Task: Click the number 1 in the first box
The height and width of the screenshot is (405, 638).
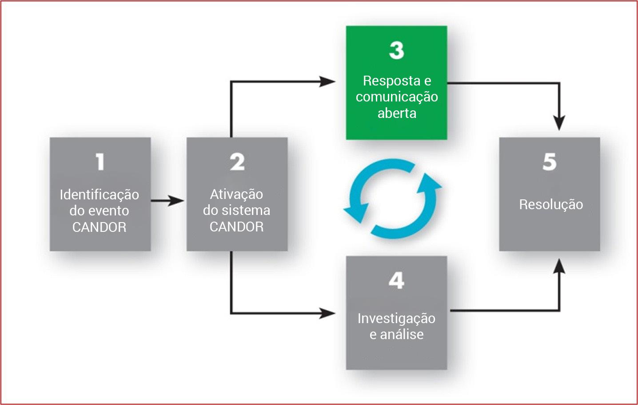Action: tap(100, 162)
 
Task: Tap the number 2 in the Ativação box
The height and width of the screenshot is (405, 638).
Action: tap(237, 162)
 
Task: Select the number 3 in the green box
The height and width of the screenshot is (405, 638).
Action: tap(397, 50)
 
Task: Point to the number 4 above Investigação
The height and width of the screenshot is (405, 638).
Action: tap(396, 280)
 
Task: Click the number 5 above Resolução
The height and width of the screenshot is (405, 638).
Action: tap(550, 162)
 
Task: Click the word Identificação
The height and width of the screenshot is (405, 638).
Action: tap(99, 194)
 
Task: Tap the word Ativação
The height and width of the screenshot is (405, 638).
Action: tap(236, 194)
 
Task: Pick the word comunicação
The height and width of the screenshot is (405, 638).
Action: tap(397, 97)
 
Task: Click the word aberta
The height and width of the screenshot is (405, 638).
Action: tap(397, 113)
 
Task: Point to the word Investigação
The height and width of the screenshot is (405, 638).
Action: tap(396, 318)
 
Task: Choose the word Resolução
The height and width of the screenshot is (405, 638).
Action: tap(551, 204)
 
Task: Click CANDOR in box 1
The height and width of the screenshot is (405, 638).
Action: tap(99, 227)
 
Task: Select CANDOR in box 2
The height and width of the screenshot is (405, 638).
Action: tap(236, 227)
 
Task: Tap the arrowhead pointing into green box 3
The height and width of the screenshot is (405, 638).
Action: tap(328, 81)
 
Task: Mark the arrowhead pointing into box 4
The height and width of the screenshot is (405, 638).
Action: tap(328, 313)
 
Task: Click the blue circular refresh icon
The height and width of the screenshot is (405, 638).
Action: tap(393, 198)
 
